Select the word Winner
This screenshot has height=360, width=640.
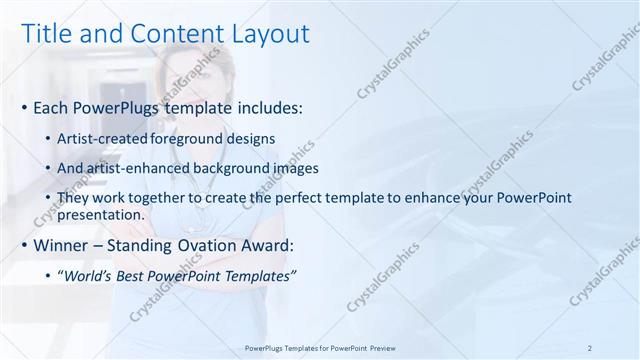pyautogui.click(x=61, y=244)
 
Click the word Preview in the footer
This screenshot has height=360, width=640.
pyautogui.click(x=381, y=348)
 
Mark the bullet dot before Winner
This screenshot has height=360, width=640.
pyautogui.click(x=25, y=245)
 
